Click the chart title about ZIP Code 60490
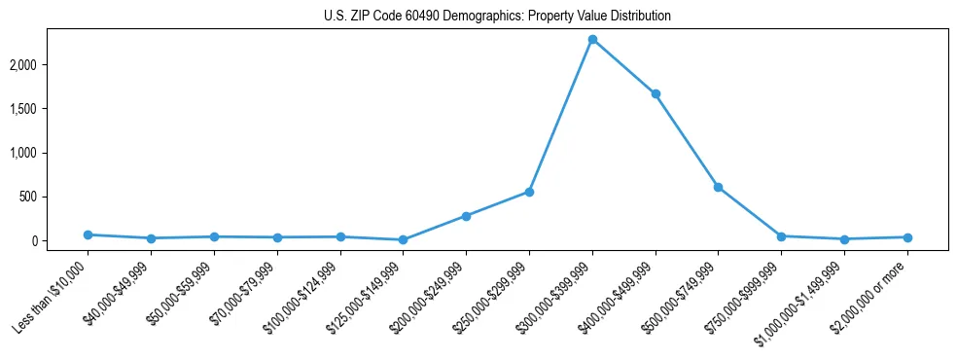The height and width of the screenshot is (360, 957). point(497,17)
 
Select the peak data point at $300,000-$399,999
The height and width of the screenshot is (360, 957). point(592,39)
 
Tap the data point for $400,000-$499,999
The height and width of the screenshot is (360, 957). point(656,94)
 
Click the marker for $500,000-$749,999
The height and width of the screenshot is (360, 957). point(718,187)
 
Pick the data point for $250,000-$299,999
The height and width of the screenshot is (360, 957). point(529,192)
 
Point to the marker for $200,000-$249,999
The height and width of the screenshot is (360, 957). point(466,216)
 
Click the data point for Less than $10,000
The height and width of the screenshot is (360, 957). point(88,234)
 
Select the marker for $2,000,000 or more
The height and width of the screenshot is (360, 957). point(907,237)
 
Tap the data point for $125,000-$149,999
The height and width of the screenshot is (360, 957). point(403,239)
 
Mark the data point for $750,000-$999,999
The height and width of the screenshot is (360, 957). point(781,236)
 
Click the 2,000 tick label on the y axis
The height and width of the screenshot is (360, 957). point(52,65)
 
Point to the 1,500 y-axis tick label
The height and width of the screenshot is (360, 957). point(52,109)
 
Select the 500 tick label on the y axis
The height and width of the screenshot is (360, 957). point(57,197)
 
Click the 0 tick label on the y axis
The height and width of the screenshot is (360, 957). point(62,240)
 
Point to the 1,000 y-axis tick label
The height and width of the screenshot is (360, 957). point(52,153)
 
